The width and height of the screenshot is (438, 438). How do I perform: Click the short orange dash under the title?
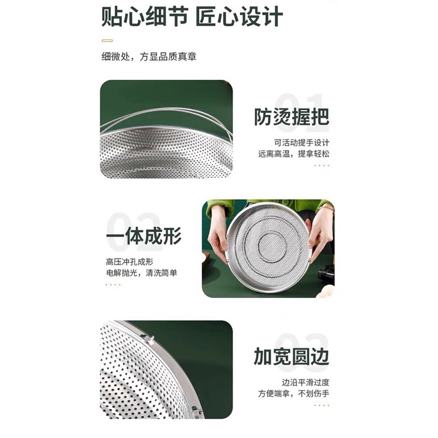point(107,40)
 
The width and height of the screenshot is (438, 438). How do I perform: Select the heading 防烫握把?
point(291,117)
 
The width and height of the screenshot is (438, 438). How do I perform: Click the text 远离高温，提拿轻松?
point(294,154)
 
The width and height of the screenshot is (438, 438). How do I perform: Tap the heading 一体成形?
point(143,236)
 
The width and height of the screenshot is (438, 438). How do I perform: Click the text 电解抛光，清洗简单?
point(141,273)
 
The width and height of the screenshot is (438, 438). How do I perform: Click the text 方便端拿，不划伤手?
point(294,394)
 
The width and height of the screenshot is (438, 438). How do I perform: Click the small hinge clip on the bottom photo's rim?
point(151,339)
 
